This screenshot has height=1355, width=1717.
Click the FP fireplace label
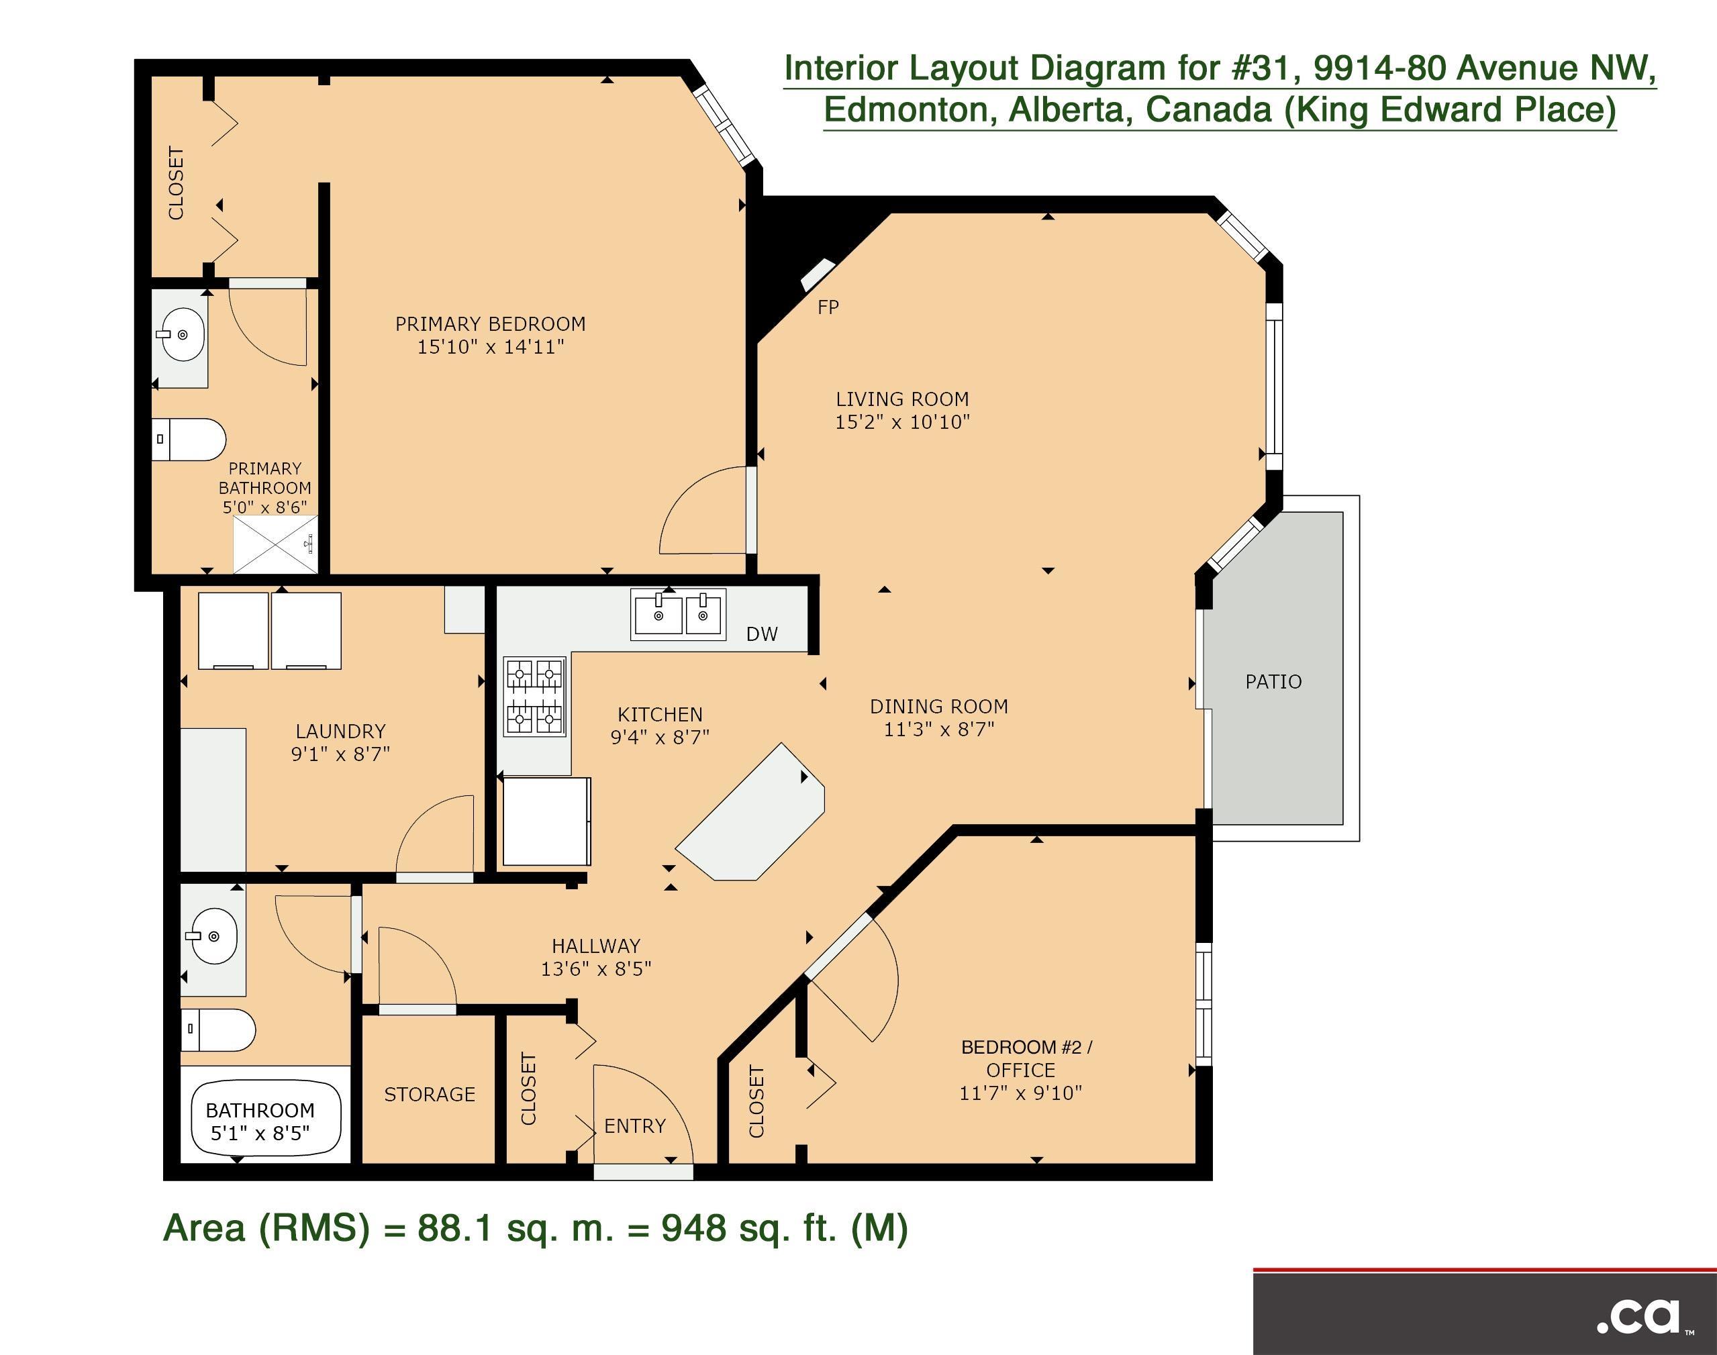(x=828, y=307)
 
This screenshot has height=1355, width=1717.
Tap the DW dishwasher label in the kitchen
(x=762, y=634)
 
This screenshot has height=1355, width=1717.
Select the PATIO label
(x=1273, y=681)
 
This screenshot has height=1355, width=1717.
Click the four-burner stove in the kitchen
(x=535, y=697)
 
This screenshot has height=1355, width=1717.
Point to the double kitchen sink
(x=677, y=614)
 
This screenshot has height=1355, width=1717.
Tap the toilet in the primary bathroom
(x=189, y=440)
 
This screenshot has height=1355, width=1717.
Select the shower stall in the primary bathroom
(x=275, y=544)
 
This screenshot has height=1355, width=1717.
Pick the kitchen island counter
(x=750, y=812)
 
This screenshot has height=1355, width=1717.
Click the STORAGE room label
(x=430, y=1095)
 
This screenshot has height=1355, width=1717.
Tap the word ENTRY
(x=635, y=1125)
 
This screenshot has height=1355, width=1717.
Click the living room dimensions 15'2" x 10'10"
(x=902, y=422)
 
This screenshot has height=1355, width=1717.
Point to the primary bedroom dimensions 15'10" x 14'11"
(x=491, y=347)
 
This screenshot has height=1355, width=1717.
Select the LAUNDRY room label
(x=340, y=731)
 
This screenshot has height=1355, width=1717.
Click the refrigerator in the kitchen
(x=546, y=821)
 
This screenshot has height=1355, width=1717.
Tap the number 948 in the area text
(x=693, y=1228)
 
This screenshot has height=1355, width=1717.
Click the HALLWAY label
(x=596, y=946)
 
